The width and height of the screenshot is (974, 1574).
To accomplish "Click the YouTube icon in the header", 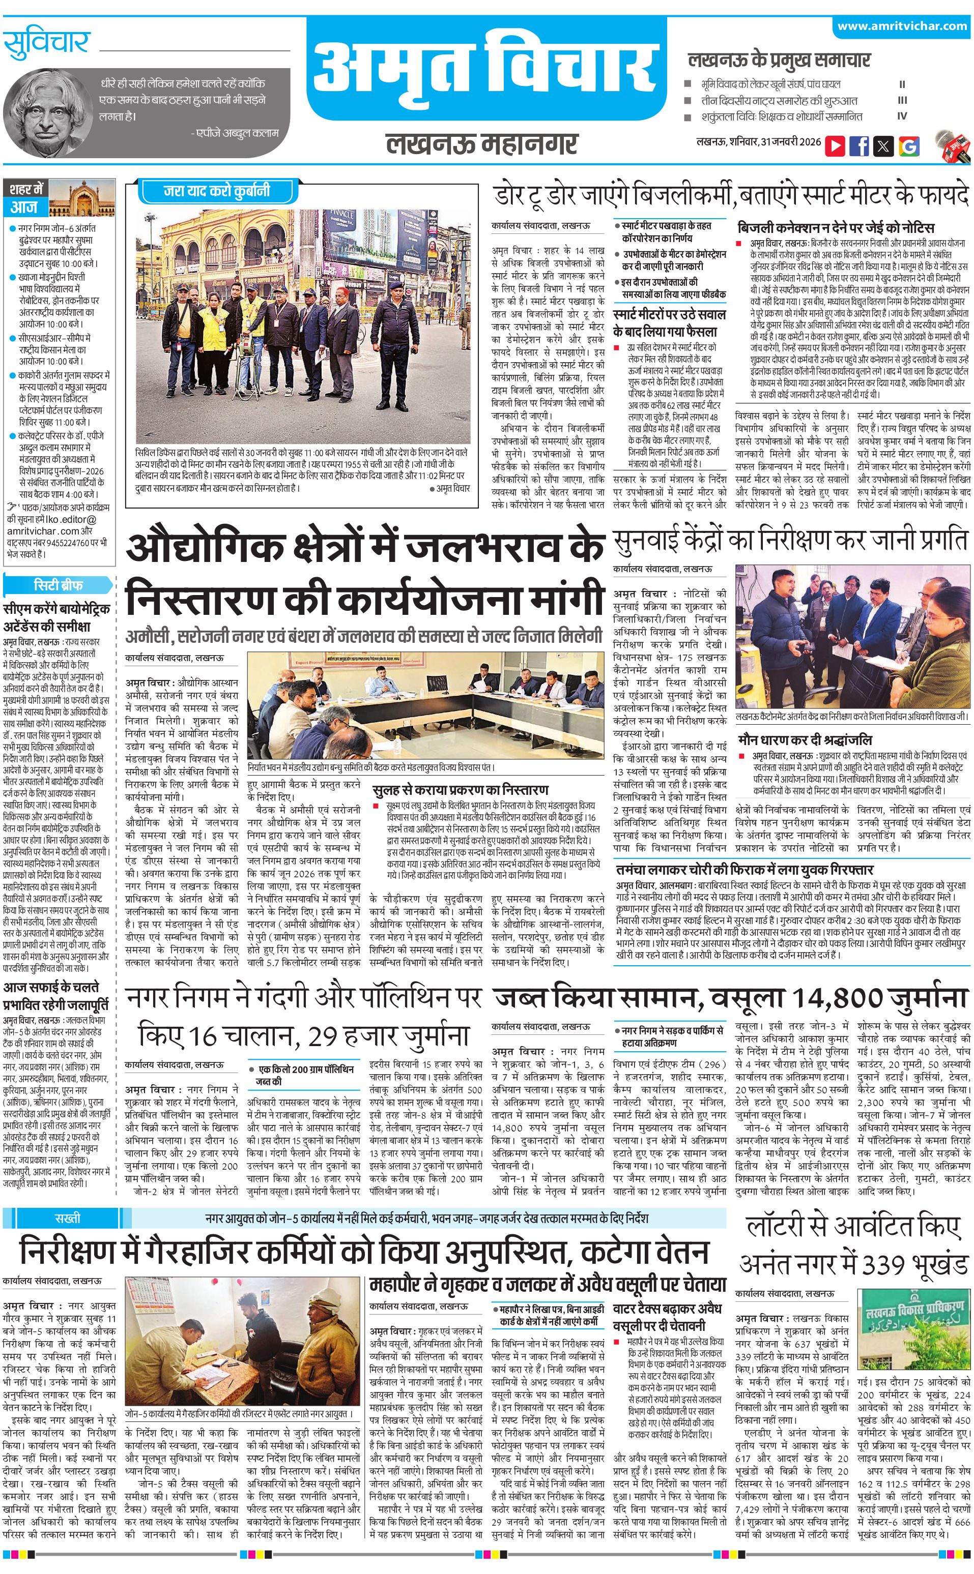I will pyautogui.click(x=835, y=145).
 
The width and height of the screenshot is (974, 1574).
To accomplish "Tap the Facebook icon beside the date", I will pyautogui.click(x=860, y=145).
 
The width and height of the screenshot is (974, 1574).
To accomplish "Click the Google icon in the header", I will pyautogui.click(x=909, y=146).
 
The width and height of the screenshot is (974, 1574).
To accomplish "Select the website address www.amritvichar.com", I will pyautogui.click(x=902, y=26).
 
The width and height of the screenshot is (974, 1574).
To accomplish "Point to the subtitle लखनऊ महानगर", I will pyautogui.click(x=482, y=143).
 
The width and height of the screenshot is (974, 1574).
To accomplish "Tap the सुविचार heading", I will pyautogui.click(x=46, y=43).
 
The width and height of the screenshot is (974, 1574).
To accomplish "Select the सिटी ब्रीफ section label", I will pyautogui.click(x=58, y=584).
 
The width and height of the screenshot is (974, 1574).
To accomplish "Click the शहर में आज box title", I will pyautogui.click(x=26, y=198).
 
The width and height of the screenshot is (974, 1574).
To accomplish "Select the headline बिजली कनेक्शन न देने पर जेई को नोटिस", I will pyautogui.click(x=836, y=228).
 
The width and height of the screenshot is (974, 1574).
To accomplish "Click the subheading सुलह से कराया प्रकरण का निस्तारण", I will pyautogui.click(x=461, y=790).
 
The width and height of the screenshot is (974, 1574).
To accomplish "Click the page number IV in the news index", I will pyautogui.click(x=902, y=116).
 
